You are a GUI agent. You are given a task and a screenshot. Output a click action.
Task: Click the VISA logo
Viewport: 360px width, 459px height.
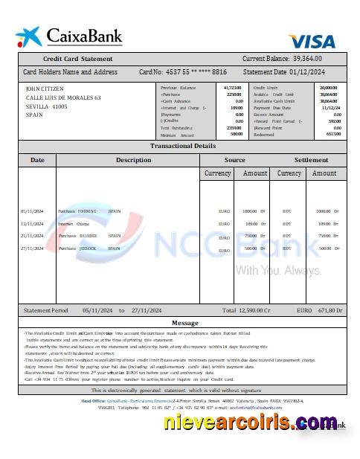coord(312,41)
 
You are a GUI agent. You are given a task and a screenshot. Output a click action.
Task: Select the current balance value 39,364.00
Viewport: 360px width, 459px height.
coord(318,58)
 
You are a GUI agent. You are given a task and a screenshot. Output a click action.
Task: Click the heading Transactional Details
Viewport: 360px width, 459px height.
coord(183,146)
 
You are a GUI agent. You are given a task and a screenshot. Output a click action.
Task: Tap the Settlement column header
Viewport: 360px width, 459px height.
coord(311,159)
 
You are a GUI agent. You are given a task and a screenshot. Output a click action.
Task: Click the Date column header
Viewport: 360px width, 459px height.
coord(37,159)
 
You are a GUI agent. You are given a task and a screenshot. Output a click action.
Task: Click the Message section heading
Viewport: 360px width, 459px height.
coord(184,323)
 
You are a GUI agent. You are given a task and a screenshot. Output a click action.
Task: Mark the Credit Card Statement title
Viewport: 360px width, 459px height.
coord(77,58)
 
